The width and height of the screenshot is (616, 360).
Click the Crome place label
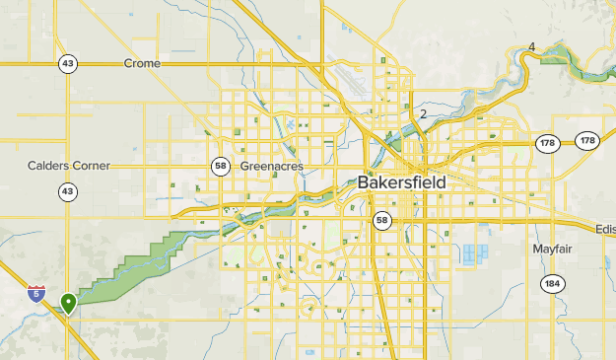click(142, 63)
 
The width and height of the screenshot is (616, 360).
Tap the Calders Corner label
click(69, 166)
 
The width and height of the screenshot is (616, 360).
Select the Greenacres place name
click(273, 167)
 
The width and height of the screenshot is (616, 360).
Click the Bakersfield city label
click(401, 182)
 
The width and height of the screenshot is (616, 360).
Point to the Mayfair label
click(553, 249)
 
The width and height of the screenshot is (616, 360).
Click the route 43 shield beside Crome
click(67, 63)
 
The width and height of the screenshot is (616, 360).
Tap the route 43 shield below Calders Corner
click(67, 190)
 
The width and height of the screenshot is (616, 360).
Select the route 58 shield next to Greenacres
click(220, 166)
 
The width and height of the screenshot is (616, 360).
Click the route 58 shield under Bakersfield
click(382, 219)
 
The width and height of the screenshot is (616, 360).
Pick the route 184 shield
click(553, 285)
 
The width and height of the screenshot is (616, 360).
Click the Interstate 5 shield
click(36, 293)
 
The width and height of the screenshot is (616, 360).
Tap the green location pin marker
click(68, 303)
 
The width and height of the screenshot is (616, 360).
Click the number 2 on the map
click(423, 114)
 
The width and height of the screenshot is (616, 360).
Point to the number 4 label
click(531, 46)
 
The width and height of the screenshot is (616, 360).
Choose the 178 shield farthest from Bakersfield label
click(588, 141)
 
